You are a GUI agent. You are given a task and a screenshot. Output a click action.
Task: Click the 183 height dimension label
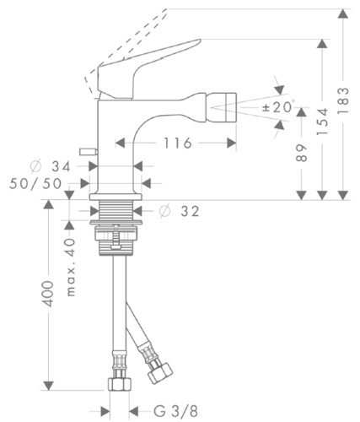pyautogui.click(x=343, y=100)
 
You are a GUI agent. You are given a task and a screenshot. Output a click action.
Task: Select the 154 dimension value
pyautogui.click(x=322, y=122)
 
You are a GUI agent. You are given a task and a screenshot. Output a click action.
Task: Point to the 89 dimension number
pyautogui.click(x=302, y=153)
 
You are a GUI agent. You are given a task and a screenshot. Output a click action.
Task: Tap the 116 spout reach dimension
pyautogui.click(x=178, y=143)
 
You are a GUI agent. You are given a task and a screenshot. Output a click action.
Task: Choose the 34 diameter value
pyautogui.click(x=61, y=167)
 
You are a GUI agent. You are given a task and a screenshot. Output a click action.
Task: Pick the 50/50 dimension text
pyautogui.click(x=35, y=184)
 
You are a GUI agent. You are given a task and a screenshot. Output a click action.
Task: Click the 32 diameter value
pyautogui.click(x=190, y=211)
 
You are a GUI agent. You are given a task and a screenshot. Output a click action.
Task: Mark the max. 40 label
pyautogui.click(x=71, y=267)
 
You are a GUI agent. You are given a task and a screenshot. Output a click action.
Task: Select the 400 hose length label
pyautogui.click(x=49, y=294)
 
